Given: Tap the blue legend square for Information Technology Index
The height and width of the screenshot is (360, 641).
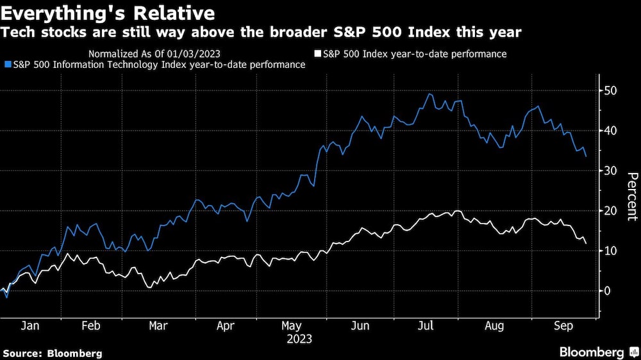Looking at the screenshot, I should [7, 65].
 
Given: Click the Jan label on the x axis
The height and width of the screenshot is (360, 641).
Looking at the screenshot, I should [29, 325].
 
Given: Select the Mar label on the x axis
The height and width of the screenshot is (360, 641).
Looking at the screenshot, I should [158, 325].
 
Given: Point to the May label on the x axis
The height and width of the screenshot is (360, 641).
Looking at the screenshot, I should [292, 325].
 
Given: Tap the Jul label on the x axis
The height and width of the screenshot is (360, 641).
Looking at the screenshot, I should [426, 325].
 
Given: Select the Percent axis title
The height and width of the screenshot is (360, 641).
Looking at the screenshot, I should [631, 196].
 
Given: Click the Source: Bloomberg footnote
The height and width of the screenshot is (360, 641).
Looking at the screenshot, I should [53, 353].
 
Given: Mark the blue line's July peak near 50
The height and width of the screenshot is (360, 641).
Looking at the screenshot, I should [429, 94].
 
